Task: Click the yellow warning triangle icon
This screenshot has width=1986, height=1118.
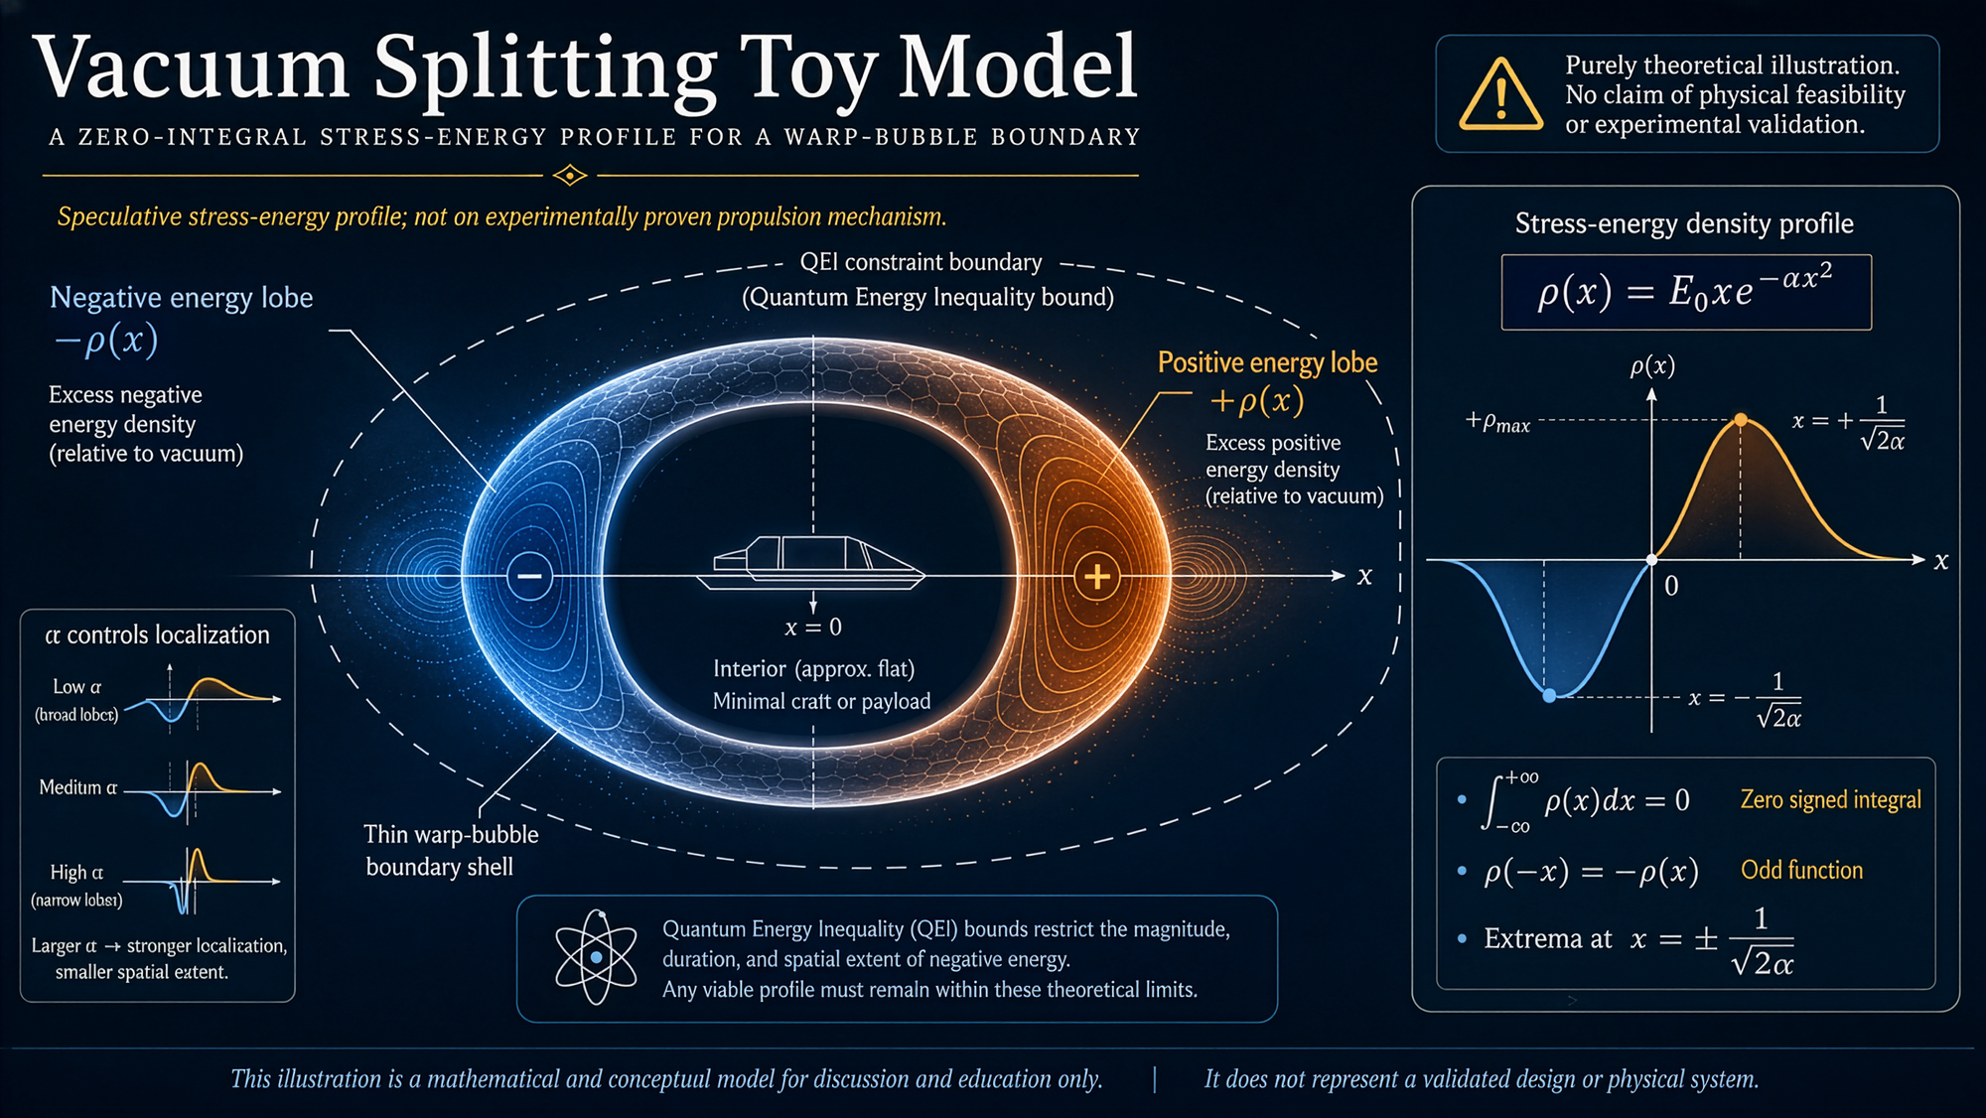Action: point(1500,95)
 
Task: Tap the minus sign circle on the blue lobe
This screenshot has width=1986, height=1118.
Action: point(529,576)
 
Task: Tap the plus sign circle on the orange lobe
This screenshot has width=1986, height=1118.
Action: point(1097,576)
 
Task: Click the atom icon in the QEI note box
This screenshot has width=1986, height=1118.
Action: point(596,956)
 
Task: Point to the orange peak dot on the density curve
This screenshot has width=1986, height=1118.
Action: point(1741,420)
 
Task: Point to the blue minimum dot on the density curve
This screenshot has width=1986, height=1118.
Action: point(1549,696)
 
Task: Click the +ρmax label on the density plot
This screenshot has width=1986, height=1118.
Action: point(1497,422)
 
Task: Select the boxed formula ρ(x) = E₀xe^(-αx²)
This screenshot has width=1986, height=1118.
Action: point(1686,292)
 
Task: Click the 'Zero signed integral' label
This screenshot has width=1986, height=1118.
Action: point(1830,799)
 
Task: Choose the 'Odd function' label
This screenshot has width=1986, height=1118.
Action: point(1801,870)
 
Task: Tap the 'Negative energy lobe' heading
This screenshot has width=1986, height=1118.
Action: point(181,298)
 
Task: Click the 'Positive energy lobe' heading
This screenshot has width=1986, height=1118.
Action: point(1267,362)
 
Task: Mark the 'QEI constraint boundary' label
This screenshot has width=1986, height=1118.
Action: point(921,262)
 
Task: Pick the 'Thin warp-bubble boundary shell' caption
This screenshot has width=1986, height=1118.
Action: point(451,850)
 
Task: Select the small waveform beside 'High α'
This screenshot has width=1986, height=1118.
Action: point(200,881)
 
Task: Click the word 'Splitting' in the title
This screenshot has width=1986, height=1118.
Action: point(545,70)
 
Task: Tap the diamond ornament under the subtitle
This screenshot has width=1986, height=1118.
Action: point(569,176)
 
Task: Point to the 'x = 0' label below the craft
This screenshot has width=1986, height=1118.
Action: point(813,628)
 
